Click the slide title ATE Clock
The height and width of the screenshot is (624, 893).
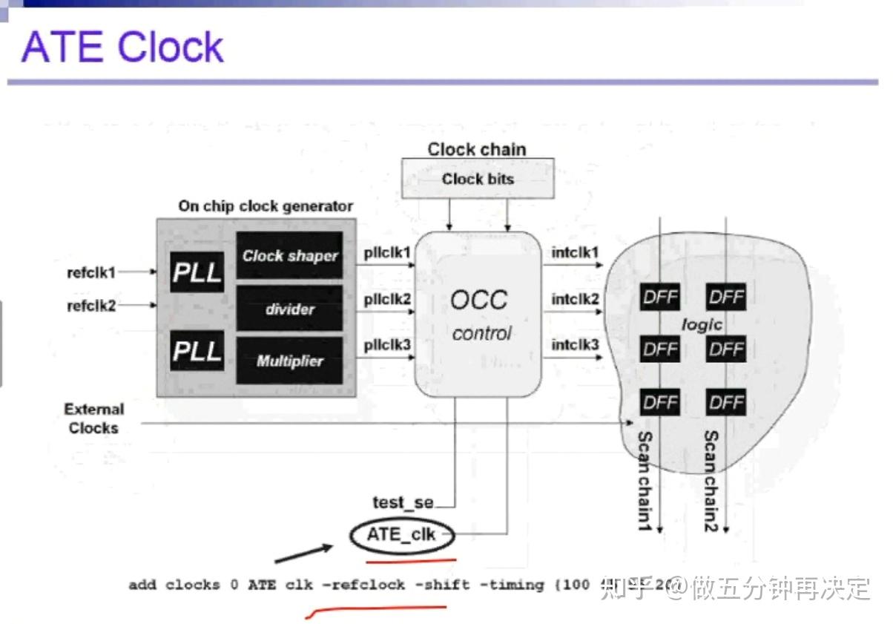tap(122, 47)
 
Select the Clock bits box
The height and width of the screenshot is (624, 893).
tap(478, 179)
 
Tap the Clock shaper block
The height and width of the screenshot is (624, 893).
tap(289, 256)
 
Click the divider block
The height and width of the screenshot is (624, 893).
tap(289, 309)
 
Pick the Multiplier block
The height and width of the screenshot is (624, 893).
tap(289, 361)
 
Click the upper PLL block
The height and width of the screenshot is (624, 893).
tap(197, 272)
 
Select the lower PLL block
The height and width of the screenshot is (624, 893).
tap(197, 351)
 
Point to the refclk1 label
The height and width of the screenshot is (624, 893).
tap(91, 272)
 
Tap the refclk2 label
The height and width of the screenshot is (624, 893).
tap(91, 305)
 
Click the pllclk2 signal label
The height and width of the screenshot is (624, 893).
tap(387, 300)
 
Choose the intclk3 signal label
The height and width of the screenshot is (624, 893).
tap(575, 345)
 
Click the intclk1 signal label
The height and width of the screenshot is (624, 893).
tap(575, 254)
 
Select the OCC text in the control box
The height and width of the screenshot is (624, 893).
tap(479, 300)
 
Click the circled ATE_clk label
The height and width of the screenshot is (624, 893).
tap(401, 533)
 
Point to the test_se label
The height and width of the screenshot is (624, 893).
tap(403, 502)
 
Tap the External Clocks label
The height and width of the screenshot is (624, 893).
tap(93, 418)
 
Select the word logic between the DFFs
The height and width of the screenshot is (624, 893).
tap(701, 325)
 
